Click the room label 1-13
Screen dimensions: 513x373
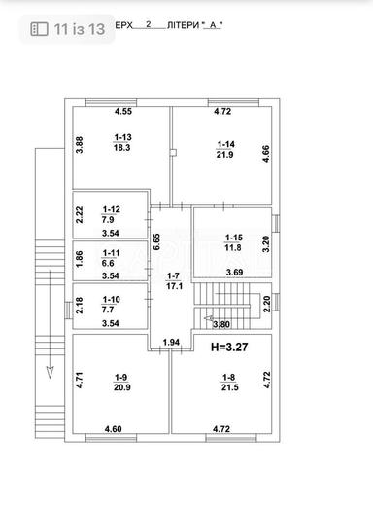tap(122, 137)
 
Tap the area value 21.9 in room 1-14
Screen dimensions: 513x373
tap(224, 155)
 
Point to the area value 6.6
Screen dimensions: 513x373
tap(109, 261)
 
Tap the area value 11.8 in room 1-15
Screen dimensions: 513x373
tap(234, 247)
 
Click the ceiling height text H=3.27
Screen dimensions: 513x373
tap(229, 346)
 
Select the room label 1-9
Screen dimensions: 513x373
tap(120, 378)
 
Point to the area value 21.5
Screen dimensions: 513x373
tap(229, 388)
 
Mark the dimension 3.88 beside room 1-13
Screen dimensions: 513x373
tap(80, 145)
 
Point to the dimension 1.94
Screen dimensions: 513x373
tap(171, 342)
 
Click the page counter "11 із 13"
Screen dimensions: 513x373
tap(69, 30)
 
